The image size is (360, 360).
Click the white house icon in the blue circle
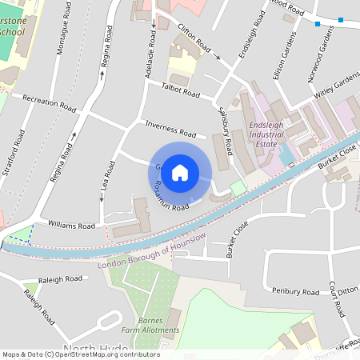(x=180, y=173)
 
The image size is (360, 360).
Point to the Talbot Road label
(x=180, y=93)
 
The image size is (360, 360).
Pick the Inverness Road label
(x=170, y=130)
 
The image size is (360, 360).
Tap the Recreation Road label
(x=50, y=103)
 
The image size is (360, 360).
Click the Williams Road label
(x=72, y=225)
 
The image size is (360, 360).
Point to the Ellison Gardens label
(x=289, y=53)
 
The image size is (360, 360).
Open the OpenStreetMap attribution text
(x=80, y=354)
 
